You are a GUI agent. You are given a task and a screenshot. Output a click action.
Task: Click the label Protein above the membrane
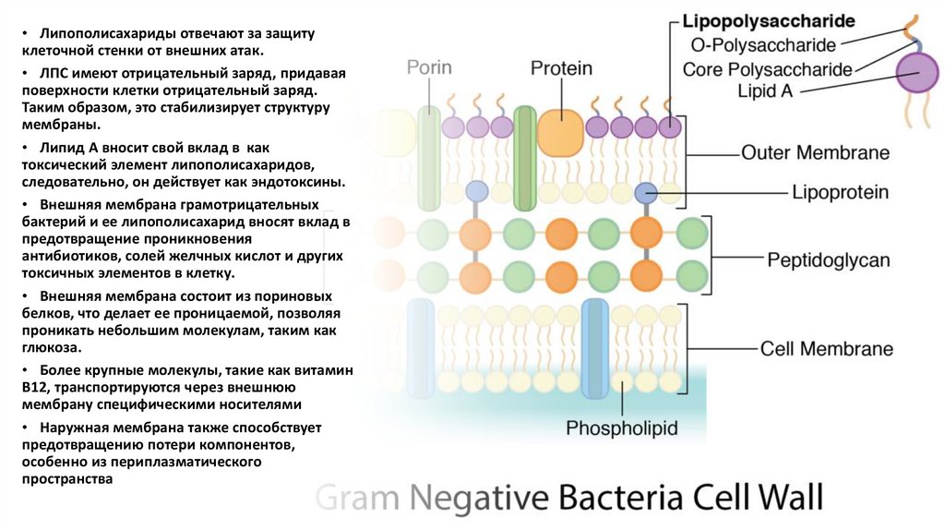tap(561, 68)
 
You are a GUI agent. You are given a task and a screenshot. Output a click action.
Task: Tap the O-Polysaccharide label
tap(763, 44)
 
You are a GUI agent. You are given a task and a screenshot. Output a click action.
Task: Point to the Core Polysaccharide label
tap(767, 68)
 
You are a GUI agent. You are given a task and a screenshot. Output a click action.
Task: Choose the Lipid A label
tap(765, 90)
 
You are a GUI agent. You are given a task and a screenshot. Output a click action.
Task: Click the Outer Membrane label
tap(815, 152)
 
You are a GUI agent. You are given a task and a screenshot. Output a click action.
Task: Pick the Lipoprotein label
tap(840, 193)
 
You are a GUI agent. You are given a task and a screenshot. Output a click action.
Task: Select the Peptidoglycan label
tap(829, 260)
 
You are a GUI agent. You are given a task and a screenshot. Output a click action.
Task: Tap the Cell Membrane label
tap(826, 349)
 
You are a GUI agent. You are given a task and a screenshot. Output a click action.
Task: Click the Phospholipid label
tap(621, 428)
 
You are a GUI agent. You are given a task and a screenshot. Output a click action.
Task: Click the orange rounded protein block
tap(561, 131)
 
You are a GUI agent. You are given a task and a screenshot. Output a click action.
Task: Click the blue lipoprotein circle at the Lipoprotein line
tap(646, 193)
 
